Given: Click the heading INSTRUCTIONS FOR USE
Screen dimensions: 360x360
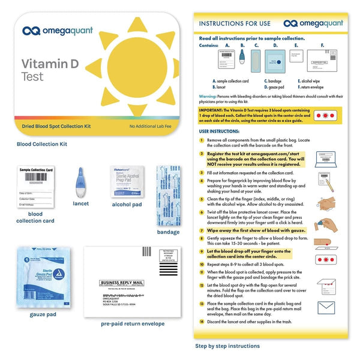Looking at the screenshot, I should pyautogui.click(x=235, y=24).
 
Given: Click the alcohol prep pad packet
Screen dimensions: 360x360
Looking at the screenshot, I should pyautogui.click(x=125, y=182).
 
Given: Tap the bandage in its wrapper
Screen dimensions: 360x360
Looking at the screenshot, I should pyautogui.click(x=168, y=195).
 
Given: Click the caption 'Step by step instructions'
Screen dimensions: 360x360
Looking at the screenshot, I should pyautogui.click(x=228, y=346).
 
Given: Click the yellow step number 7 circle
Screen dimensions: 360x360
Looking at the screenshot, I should pyautogui.click(x=202, y=230).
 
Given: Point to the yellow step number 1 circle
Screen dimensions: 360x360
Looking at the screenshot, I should pyautogui.click(x=202, y=139).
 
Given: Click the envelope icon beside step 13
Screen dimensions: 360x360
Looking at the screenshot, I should pyautogui.click(x=326, y=308).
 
